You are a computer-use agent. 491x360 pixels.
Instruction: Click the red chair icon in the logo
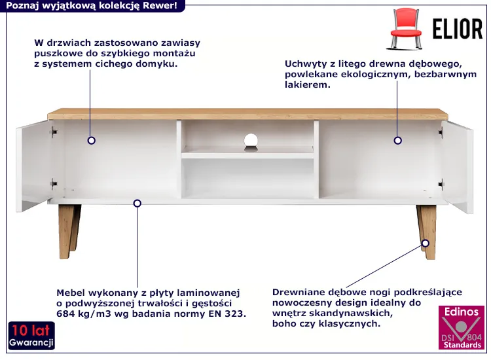[406, 29]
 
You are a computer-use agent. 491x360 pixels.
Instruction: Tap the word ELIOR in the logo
[457, 29]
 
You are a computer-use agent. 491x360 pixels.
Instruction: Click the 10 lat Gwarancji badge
[31, 335]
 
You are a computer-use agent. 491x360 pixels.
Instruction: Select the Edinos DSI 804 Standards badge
[462, 327]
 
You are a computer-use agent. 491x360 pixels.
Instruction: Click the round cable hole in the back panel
[251, 139]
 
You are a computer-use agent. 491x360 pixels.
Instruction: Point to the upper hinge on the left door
[54, 132]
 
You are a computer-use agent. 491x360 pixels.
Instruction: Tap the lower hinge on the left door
[54, 184]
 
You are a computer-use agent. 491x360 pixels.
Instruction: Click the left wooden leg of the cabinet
[69, 232]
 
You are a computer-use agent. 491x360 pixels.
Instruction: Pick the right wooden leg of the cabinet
[426, 232]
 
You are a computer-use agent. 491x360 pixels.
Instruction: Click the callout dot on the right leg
[426, 243]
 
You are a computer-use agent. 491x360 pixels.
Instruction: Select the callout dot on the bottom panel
[137, 204]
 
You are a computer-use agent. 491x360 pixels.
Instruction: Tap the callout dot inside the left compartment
[92, 141]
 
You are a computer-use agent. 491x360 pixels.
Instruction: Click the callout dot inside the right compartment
[397, 141]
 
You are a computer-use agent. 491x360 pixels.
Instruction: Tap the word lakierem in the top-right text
[308, 84]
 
